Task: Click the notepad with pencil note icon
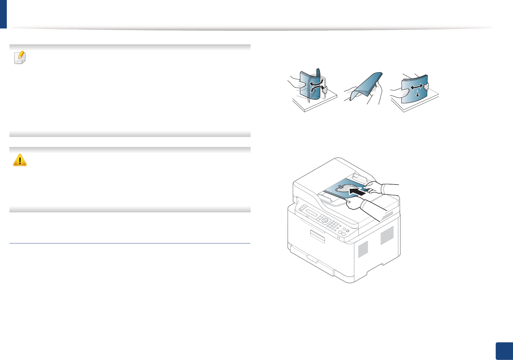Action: coord(20,58)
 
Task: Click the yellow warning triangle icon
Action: coord(20,160)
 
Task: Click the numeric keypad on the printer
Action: coord(334,224)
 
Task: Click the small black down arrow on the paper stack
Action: coord(417,94)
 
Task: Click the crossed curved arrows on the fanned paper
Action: coord(316,87)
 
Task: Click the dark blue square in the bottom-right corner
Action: coord(504,351)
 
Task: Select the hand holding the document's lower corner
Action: coord(355,203)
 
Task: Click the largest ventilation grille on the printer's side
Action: coord(387,235)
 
